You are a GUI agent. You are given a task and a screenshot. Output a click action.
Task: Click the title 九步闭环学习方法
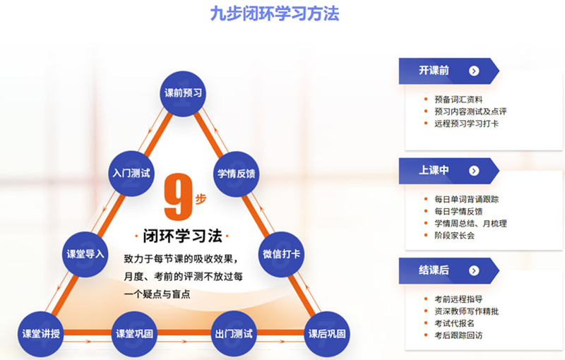tap(275, 13)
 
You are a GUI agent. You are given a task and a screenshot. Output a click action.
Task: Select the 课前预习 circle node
tap(183, 94)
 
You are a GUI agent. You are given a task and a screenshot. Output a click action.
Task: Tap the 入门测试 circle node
tap(131, 174)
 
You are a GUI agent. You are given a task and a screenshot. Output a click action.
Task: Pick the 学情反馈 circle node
tap(237, 174)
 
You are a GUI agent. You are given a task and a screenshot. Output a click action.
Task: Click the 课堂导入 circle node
tap(85, 254)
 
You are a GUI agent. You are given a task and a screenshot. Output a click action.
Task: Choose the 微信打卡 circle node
tap(281, 254)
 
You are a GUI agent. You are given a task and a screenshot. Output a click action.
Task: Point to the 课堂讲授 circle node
tap(41, 334)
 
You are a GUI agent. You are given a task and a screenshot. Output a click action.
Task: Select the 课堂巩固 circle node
tap(134, 334)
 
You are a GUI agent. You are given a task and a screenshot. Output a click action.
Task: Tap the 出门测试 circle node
tap(234, 334)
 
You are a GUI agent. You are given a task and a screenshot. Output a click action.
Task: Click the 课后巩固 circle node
tap(327, 334)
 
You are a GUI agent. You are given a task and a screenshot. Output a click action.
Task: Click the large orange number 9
tap(178, 197)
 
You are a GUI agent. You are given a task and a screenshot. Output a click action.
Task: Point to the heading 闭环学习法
tap(182, 236)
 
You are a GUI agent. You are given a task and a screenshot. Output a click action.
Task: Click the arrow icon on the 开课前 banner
tap(474, 71)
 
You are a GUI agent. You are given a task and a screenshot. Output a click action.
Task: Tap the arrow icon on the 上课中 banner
tap(474, 171)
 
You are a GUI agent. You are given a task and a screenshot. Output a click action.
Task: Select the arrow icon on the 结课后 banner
tap(474, 271)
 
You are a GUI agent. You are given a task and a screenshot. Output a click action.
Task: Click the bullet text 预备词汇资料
tap(458, 100)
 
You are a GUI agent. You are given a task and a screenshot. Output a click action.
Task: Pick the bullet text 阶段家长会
tap(454, 236)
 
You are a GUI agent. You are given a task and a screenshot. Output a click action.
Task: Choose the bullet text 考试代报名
tap(454, 323)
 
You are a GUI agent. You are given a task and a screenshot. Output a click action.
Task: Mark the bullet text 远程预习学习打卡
tap(466, 124)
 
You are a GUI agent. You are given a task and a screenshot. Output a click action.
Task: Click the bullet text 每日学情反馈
tap(458, 211)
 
